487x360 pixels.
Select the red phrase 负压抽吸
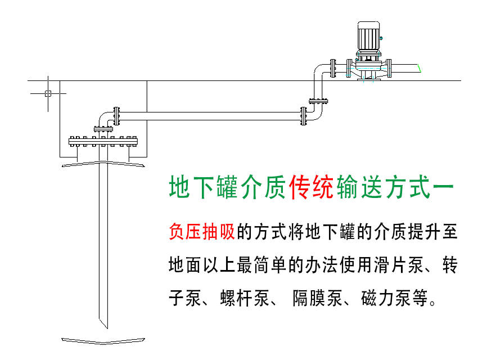click(201, 232)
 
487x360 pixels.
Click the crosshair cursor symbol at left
click(48, 93)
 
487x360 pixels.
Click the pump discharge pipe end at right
click(418, 68)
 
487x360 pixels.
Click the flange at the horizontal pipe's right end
click(304, 116)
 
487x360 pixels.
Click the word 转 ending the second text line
click(450, 264)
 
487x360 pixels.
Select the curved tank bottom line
click(103, 340)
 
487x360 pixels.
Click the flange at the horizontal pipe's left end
click(116, 116)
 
